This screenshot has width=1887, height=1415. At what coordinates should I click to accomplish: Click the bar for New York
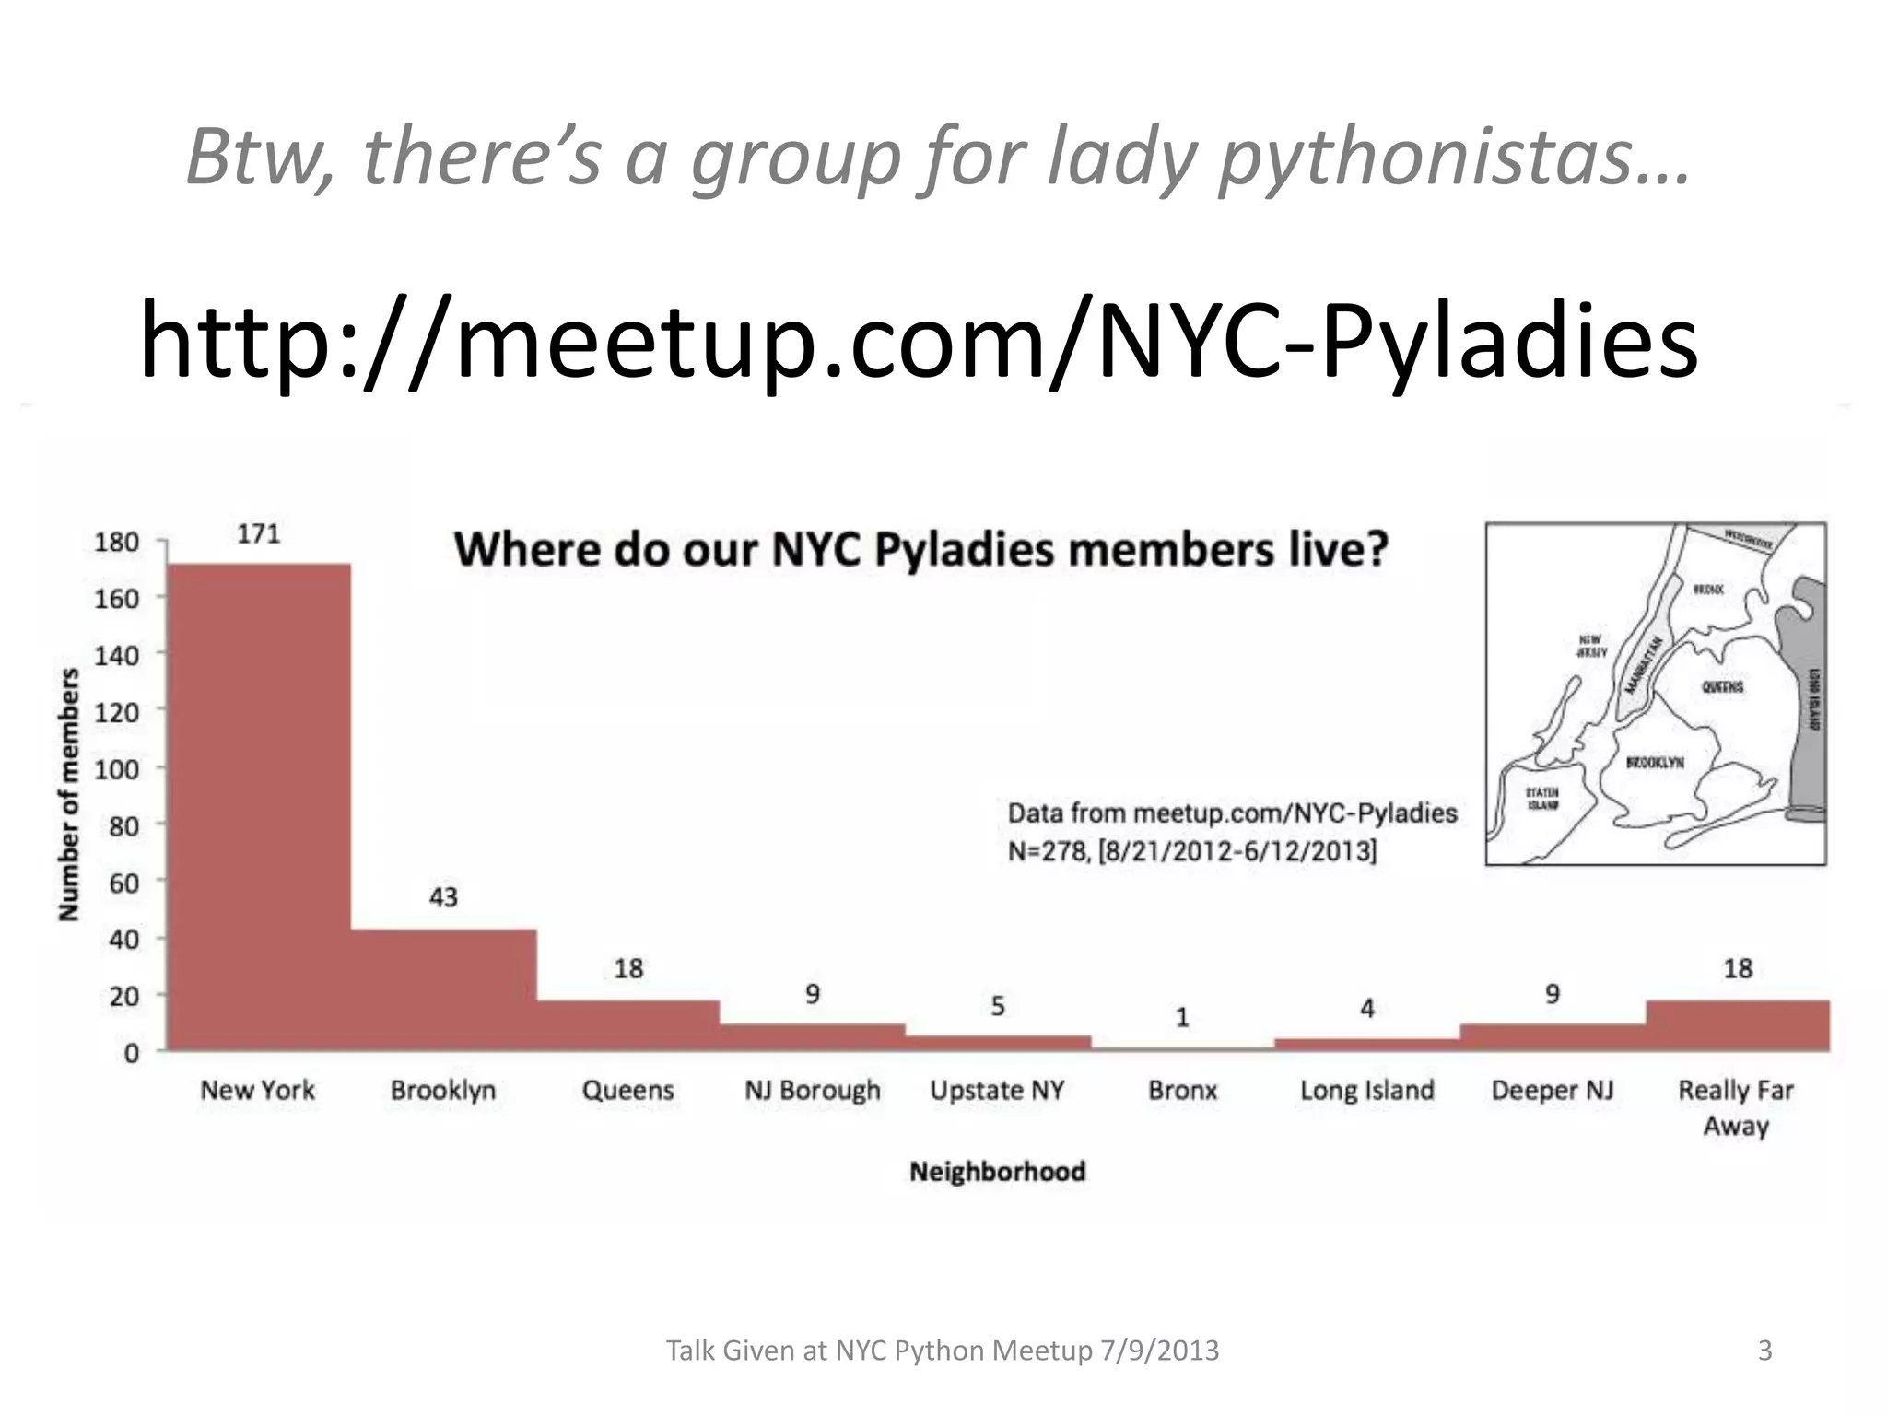tap(259, 806)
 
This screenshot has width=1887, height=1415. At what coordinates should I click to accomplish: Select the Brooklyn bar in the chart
tap(443, 989)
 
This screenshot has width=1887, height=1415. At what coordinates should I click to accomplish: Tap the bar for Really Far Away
tap(1738, 1025)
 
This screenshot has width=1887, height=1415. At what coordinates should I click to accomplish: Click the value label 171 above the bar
tap(258, 534)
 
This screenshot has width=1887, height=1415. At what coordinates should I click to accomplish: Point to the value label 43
tap(443, 897)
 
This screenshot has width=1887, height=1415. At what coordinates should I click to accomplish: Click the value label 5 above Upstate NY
tap(998, 1006)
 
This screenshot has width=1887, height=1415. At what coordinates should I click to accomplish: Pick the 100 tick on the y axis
tap(117, 769)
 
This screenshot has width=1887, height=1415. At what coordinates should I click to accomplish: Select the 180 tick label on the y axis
tap(117, 543)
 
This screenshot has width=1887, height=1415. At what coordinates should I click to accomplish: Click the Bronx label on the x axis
tap(1183, 1091)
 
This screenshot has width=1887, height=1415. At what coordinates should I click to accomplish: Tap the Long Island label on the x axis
tap(1367, 1091)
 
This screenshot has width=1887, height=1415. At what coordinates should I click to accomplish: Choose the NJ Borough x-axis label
tap(813, 1091)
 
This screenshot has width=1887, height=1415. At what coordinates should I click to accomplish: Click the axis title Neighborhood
tap(998, 1172)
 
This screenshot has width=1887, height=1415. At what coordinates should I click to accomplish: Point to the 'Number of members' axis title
tap(69, 794)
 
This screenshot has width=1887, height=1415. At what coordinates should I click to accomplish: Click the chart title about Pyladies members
tap(921, 550)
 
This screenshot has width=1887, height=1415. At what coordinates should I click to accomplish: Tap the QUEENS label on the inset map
tap(1722, 687)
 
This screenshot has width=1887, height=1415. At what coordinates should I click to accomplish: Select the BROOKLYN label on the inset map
tap(1655, 763)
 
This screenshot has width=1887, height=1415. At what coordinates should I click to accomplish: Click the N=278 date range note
tap(1192, 850)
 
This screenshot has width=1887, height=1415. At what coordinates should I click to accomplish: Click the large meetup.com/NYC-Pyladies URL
tap(919, 341)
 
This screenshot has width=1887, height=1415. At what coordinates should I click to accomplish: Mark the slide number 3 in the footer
tap(1765, 1351)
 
